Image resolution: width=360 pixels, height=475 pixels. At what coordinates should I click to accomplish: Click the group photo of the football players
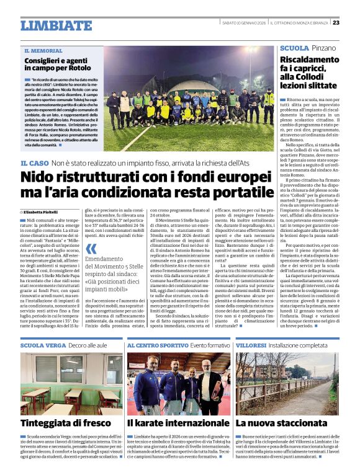[189, 99]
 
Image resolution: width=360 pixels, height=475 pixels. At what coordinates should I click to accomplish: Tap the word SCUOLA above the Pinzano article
[294, 48]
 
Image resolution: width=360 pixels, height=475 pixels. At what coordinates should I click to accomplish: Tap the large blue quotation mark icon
[91, 249]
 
